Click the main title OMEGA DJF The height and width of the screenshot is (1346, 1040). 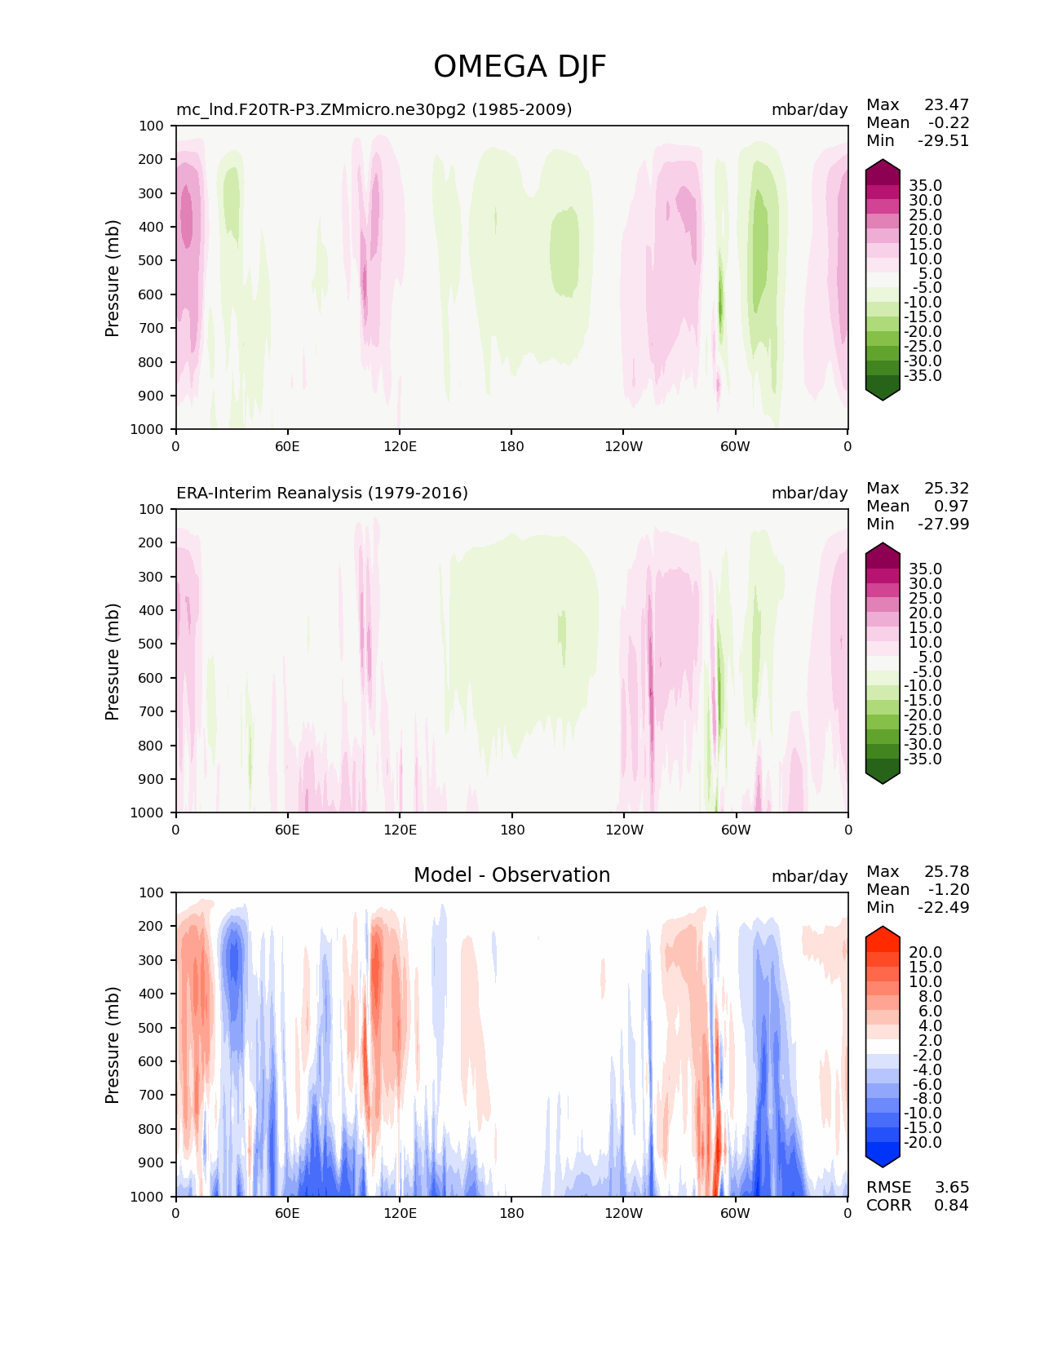[519, 67]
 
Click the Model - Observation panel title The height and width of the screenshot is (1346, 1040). [511, 874]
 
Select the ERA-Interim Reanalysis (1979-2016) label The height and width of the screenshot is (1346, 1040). [322, 493]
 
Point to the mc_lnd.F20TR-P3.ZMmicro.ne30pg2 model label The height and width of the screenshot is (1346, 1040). [374, 109]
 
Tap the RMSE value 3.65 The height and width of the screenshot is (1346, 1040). [951, 1188]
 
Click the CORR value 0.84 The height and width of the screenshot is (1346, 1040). [951, 1206]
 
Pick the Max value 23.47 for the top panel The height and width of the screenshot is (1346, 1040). [946, 104]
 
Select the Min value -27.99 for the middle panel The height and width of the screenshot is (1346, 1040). [944, 524]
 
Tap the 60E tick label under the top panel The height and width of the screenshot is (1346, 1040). [287, 446]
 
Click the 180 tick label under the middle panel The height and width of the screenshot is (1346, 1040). [512, 830]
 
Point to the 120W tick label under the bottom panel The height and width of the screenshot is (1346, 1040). [624, 1214]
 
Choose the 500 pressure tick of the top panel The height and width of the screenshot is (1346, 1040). [151, 261]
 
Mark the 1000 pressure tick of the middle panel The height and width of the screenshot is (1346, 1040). [147, 812]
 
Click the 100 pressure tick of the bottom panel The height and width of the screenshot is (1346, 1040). [151, 892]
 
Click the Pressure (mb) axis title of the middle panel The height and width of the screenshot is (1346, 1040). [112, 662]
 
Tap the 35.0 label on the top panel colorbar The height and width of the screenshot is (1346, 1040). [926, 186]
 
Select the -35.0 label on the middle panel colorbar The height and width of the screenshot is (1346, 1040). [923, 759]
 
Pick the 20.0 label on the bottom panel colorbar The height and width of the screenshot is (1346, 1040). [926, 953]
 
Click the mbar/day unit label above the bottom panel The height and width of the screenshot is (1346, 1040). [810, 876]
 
